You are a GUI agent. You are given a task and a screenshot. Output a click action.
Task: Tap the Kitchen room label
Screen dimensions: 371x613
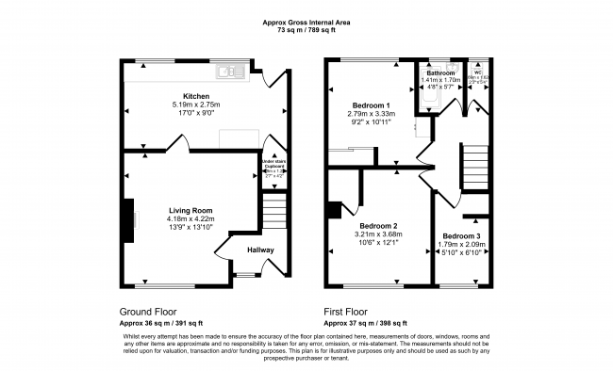[196, 96]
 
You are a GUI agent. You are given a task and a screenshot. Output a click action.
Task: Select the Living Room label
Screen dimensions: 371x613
[191, 210]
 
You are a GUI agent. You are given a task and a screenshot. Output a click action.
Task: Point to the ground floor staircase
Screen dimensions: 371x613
[273, 208]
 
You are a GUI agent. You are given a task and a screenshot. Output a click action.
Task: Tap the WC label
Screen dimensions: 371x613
[478, 73]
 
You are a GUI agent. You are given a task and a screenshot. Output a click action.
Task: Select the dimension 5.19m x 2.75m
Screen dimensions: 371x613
[196, 105]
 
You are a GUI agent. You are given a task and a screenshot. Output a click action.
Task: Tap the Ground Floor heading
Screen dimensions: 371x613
[148, 311]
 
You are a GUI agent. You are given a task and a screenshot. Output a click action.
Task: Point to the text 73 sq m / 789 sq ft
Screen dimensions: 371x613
[307, 30]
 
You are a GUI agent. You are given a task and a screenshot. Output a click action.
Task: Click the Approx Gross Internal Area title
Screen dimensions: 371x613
[307, 22]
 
